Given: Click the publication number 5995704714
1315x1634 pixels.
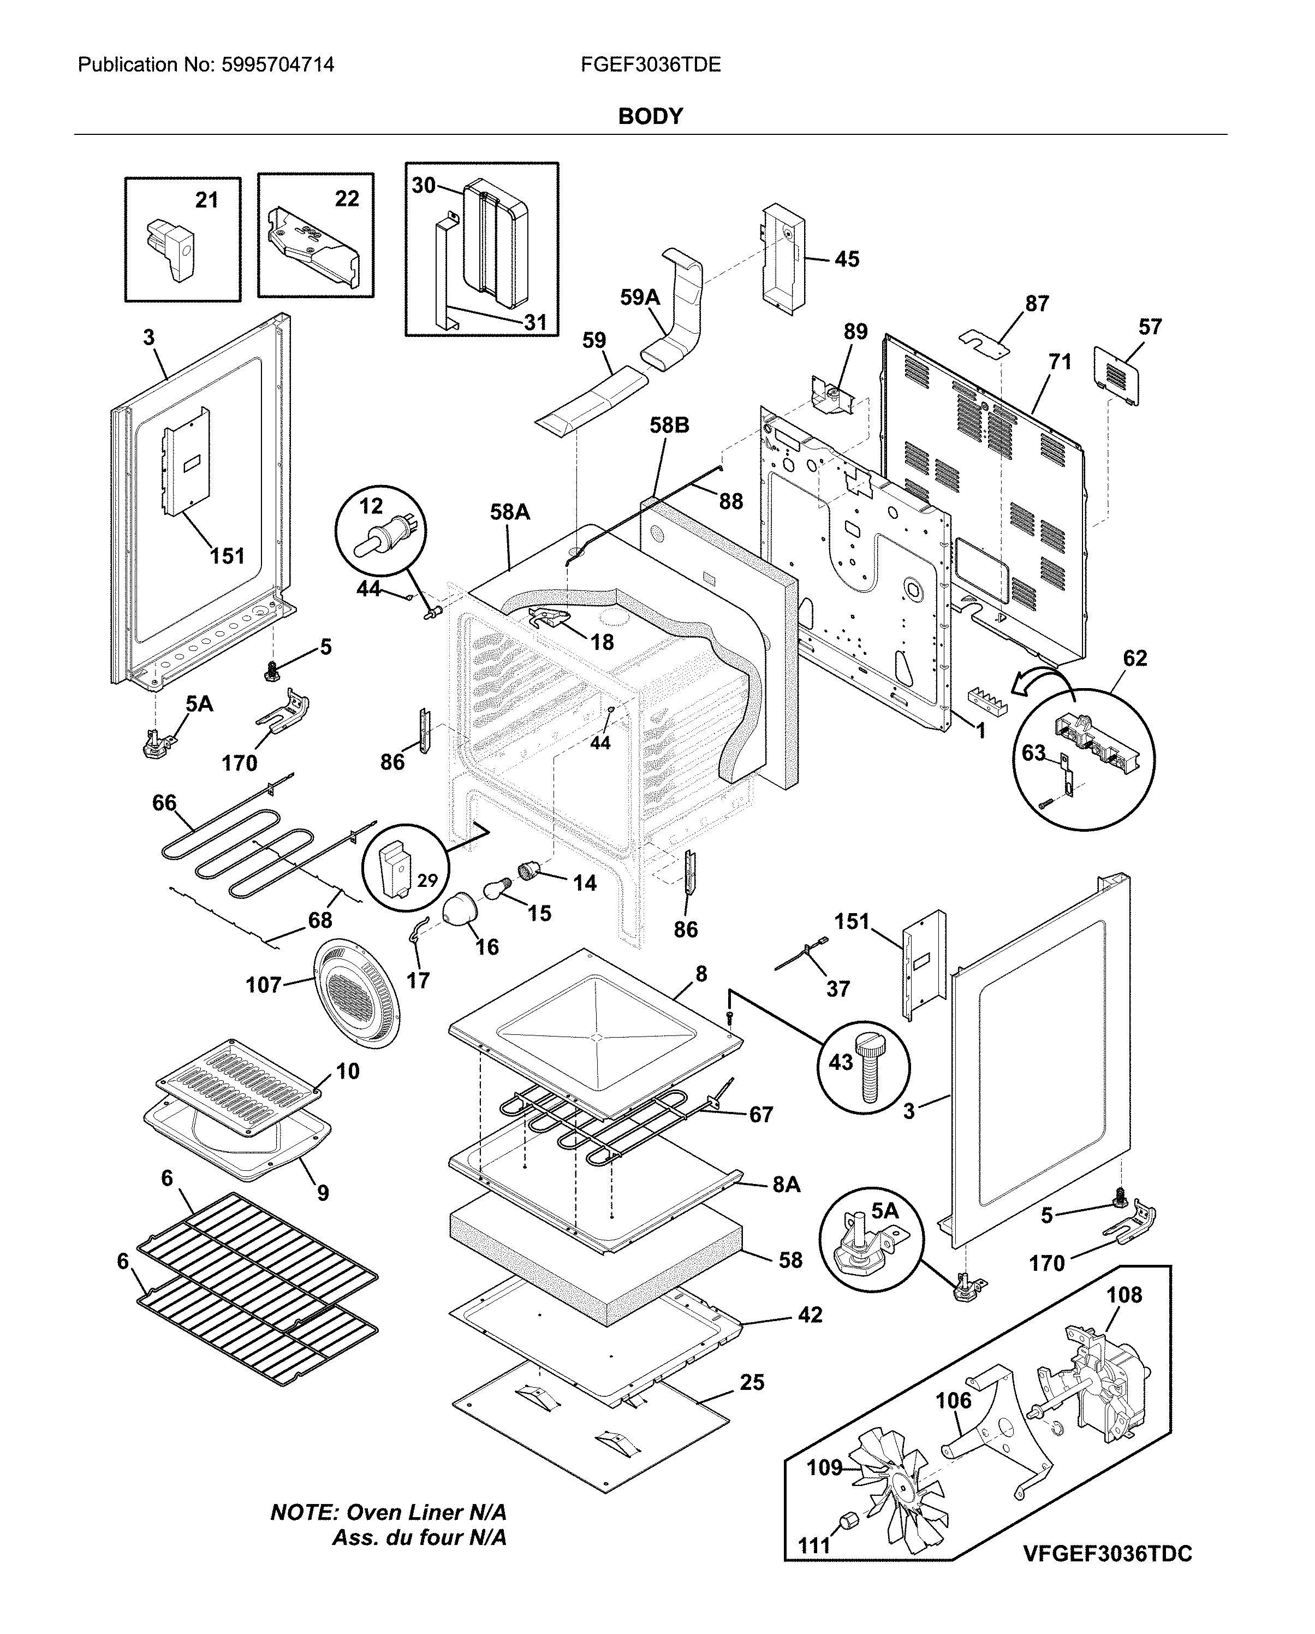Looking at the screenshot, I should click(277, 65).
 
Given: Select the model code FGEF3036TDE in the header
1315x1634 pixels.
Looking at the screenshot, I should click(651, 65).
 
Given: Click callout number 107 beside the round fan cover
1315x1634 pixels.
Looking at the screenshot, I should click(263, 985).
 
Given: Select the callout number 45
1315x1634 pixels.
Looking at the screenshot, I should click(847, 259).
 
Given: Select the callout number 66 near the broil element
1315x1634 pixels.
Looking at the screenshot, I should click(164, 803).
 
